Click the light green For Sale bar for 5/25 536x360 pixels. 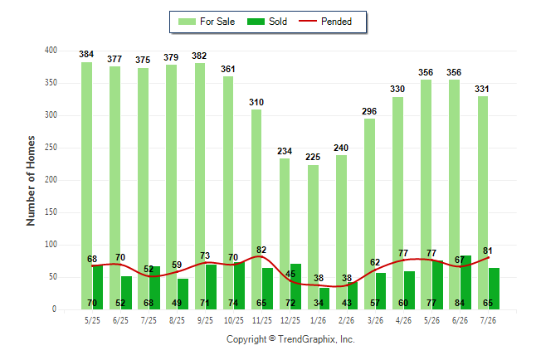pos(86,186)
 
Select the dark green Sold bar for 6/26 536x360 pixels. pos(465,282)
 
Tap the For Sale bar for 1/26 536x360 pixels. pos(313,237)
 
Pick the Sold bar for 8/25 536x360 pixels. pos(183,294)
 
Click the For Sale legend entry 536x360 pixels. pos(207,22)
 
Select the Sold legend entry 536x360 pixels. pos(267,22)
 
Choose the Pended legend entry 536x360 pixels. pos(325,22)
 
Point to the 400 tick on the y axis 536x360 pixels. pos(51,51)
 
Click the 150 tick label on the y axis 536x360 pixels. pos(51,212)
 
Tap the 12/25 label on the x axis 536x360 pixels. pos(290,320)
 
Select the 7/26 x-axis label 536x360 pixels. pos(488,320)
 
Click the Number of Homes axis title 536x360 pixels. pos(31,181)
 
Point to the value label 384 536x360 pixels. pos(86,54)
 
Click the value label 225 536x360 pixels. pos(313,157)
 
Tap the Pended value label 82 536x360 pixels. pos(261,250)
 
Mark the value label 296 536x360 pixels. pos(369,111)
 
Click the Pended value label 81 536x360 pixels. pos(488,251)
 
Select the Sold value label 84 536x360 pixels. pos(460,303)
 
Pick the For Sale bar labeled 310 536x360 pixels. pos(256,209)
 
